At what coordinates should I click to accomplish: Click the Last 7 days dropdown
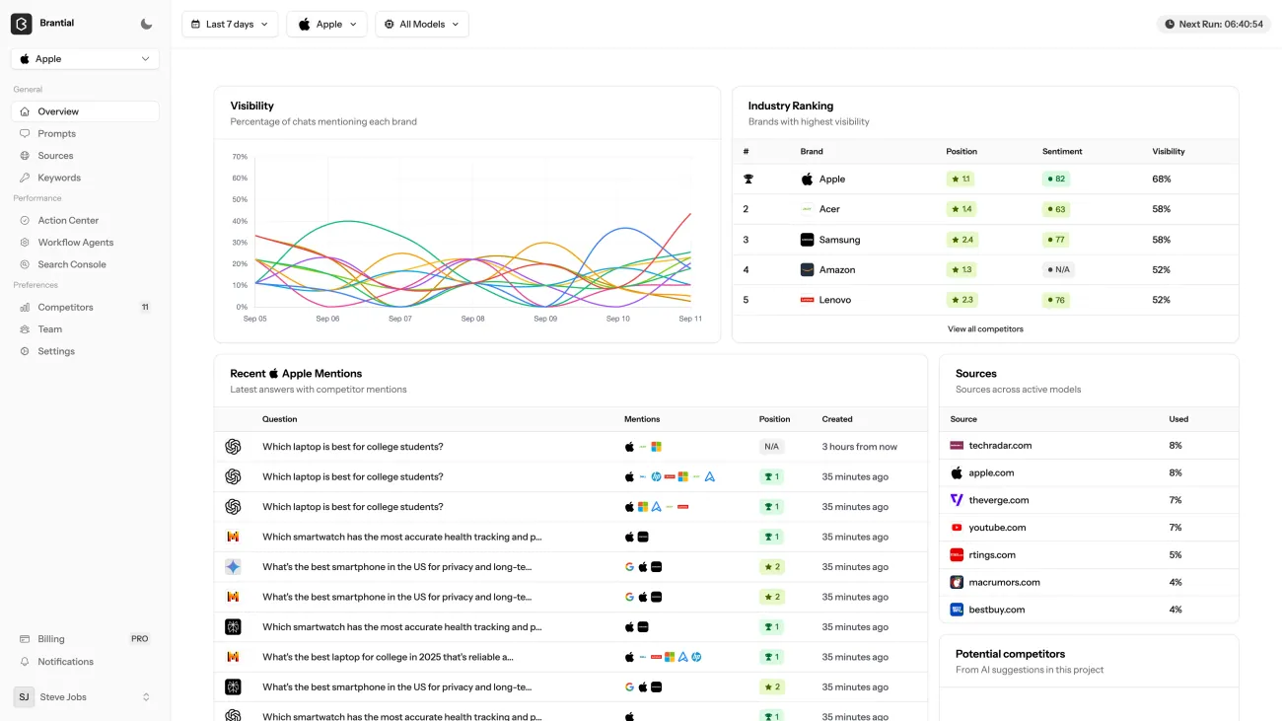point(230,25)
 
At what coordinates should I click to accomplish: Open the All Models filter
point(422,25)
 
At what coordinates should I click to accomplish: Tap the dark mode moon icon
point(147,24)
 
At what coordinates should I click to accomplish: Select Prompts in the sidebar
point(57,134)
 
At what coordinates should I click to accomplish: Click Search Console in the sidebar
point(72,264)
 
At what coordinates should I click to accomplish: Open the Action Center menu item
point(68,221)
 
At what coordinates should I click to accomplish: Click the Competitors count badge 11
point(145,308)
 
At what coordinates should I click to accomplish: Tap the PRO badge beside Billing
point(140,639)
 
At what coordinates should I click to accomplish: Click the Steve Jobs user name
point(63,697)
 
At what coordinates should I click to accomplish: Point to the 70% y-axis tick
point(240,157)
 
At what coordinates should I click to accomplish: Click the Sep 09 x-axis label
point(545,319)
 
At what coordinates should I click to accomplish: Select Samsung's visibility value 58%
point(1162,240)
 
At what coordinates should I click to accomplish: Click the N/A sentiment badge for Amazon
point(1058,269)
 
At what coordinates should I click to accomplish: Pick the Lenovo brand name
point(834,300)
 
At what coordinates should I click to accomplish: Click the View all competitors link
point(985,329)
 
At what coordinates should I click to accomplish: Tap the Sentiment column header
point(1062,152)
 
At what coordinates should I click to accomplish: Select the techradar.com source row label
point(1000,446)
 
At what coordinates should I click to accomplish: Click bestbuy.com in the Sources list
point(997,610)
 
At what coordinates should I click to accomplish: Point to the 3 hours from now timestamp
point(860,447)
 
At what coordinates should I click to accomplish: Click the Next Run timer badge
point(1214,25)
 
